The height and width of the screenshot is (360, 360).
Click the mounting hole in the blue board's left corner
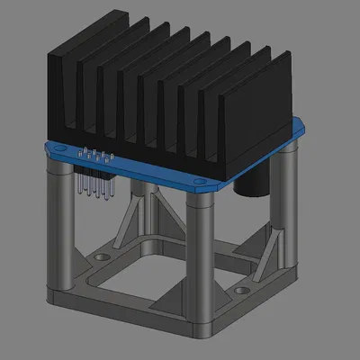(58, 147)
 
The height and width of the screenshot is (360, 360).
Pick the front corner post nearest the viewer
(200, 261)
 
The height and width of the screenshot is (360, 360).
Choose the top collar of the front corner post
(200, 202)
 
